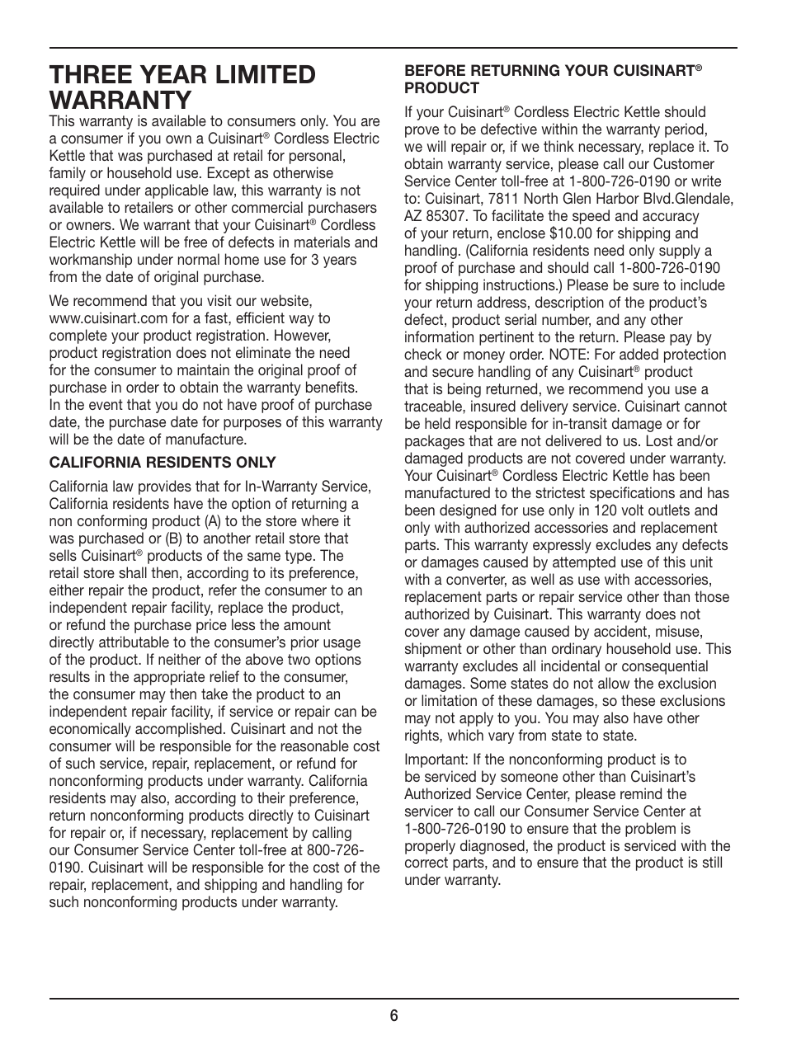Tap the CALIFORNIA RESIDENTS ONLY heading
163,462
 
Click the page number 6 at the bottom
394,1016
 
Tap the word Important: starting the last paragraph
436,760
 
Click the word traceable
436,407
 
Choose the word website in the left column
282,301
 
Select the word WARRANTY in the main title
120,101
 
